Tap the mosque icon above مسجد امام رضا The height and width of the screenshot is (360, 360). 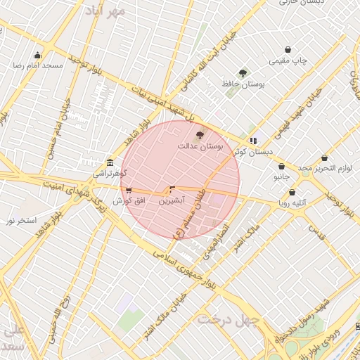coord(37,55)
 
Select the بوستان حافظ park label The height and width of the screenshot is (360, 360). coord(243,84)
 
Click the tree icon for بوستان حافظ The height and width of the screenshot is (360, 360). coord(243,72)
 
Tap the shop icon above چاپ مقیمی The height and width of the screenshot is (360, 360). coord(288,50)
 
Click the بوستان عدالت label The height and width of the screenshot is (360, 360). coord(200,146)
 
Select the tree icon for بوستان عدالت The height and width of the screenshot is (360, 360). coord(200,135)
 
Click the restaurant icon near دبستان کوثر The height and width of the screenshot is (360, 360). coord(253,141)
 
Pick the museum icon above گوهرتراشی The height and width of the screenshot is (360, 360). coord(109,162)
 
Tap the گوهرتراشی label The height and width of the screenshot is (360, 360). coord(109,172)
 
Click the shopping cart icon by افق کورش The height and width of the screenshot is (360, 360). coord(127,191)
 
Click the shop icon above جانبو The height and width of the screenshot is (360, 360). coord(281,167)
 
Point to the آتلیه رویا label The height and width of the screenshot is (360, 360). coord(292,204)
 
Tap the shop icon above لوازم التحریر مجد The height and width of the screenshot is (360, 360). coord(324,158)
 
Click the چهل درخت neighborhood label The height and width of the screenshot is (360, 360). coord(229,319)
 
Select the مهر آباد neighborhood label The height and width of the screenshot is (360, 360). coord(105,11)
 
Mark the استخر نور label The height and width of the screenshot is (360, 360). coord(21,221)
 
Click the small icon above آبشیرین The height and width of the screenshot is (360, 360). coord(172,190)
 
